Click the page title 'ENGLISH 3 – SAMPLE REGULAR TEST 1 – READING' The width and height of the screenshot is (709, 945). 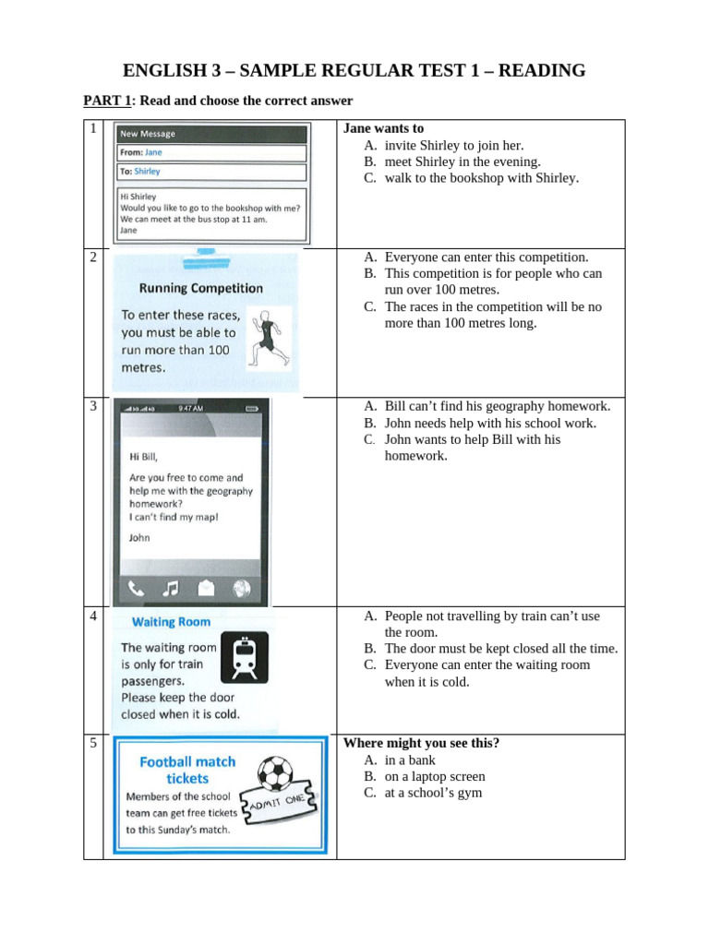354,71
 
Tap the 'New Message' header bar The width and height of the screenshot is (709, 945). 211,134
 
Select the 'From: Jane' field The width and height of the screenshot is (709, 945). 211,153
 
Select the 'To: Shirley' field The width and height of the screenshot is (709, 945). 211,172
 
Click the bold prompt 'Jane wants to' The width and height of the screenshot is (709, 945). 383,129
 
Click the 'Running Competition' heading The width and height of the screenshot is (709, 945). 201,288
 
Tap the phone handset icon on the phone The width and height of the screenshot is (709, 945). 137,587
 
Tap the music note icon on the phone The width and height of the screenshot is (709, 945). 171,587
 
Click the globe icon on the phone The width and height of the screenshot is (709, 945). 243,587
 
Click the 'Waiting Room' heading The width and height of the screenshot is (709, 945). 172,622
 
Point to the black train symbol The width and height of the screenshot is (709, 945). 245,655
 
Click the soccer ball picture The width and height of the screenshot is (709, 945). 275,773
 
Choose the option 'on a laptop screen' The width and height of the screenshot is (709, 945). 435,777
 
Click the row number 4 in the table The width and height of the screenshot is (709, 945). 93,616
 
